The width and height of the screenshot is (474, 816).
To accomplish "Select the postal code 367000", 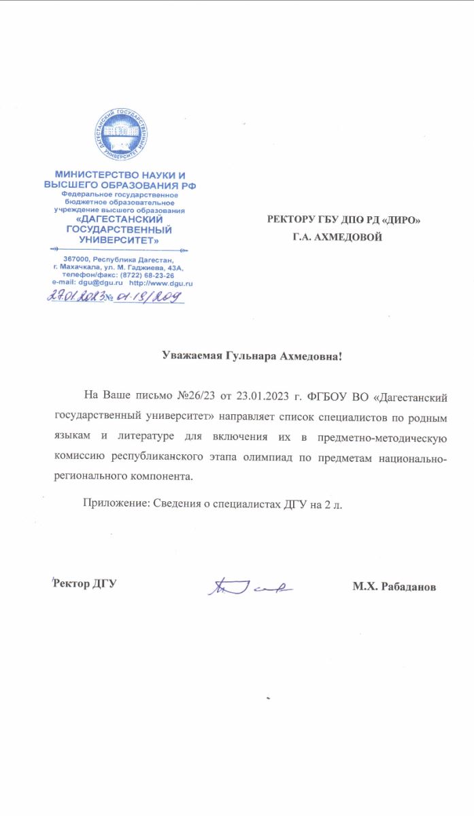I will click(x=78, y=260).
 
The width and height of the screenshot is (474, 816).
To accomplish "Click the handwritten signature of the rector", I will click(x=250, y=585).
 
